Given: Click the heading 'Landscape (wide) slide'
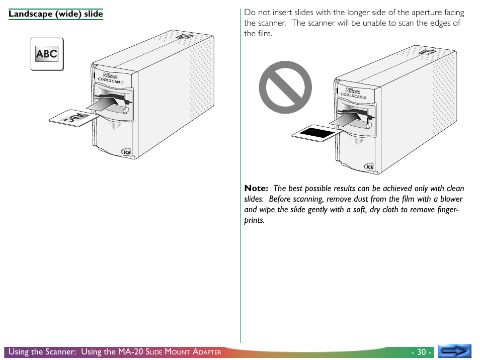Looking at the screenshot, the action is pyautogui.click(x=56, y=14).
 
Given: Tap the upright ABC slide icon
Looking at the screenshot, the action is pyautogui.click(x=47, y=54).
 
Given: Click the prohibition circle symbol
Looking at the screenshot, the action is pyautogui.click(x=285, y=87).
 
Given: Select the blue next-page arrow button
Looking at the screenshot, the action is pyautogui.click(x=454, y=351).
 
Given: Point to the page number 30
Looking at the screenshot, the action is pyautogui.click(x=422, y=352).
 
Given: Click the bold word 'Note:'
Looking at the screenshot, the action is pyautogui.click(x=256, y=188).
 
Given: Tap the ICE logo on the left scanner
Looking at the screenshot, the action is pyautogui.click(x=126, y=152).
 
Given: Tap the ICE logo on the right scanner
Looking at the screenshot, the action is pyautogui.click(x=369, y=166).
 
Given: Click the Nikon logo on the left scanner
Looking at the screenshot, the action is pyautogui.click(x=110, y=75).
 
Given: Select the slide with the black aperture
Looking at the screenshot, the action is pyautogui.click(x=316, y=133).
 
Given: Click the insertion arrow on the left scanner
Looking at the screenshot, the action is pyautogui.click(x=103, y=104).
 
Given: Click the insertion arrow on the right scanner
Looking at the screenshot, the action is pyautogui.click(x=345, y=119).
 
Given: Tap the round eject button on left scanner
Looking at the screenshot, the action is pyautogui.click(x=126, y=110).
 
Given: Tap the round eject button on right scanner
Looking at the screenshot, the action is pyautogui.click(x=369, y=125).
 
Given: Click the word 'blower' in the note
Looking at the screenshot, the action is pyautogui.click(x=451, y=199).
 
